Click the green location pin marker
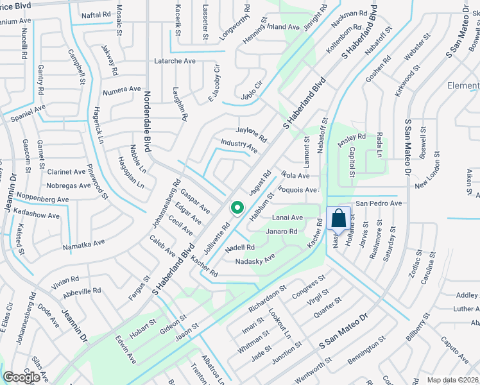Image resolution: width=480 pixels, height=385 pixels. point(237,208)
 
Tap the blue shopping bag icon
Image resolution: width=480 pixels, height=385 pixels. point(338,218)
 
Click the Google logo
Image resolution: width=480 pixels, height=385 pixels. point(22,377)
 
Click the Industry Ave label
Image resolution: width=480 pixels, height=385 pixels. point(239,146)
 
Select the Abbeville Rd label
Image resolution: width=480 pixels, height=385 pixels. point(83,290)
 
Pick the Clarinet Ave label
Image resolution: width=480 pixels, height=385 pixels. point(65,172)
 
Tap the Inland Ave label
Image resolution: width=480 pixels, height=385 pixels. point(284,28)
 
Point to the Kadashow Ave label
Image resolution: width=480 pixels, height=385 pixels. point(42,212)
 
